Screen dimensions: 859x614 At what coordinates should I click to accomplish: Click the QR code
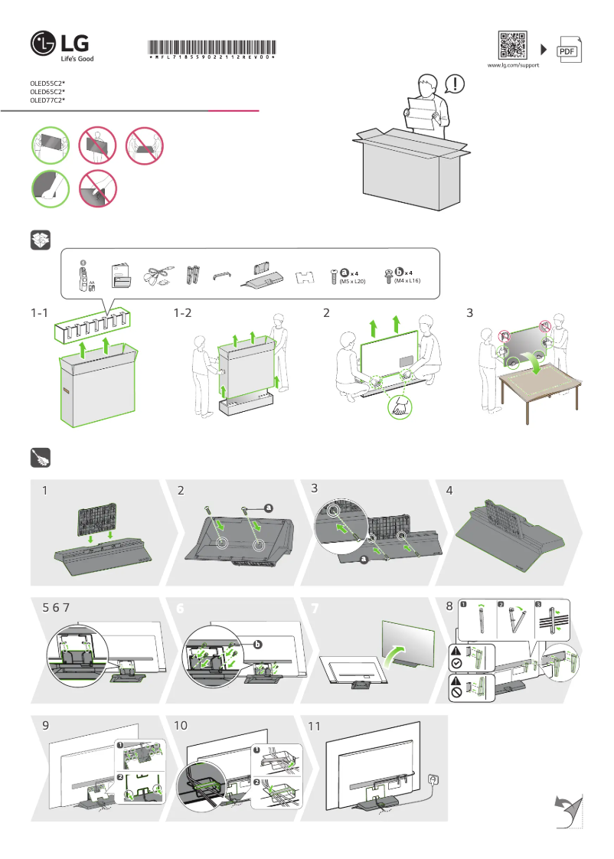513,45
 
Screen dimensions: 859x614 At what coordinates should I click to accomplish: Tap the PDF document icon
567,50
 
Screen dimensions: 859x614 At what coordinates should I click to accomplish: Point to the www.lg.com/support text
513,66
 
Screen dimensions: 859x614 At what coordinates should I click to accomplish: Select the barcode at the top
212,48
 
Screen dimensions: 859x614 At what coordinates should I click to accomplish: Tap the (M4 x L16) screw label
407,282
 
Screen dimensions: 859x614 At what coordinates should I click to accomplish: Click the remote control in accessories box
83,276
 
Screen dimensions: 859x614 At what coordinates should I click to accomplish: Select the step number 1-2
183,312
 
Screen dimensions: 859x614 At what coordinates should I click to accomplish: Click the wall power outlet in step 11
434,779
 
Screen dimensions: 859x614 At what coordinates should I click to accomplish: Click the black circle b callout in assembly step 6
258,645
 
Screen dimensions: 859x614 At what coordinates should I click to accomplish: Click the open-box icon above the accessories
40,240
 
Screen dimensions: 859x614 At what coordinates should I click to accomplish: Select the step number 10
181,725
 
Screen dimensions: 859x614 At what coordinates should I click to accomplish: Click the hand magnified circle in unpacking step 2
399,407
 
